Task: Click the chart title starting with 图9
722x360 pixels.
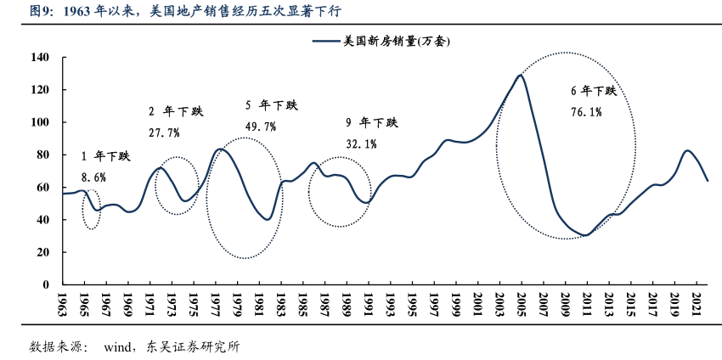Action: [x=178, y=12]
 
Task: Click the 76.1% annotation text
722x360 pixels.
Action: [x=586, y=111]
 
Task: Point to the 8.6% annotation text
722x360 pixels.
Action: [x=93, y=177]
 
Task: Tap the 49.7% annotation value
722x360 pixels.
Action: [x=261, y=127]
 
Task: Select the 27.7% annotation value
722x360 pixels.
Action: [x=164, y=132]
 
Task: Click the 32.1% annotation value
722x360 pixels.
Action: [x=361, y=143]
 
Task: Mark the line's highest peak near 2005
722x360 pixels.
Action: [x=520, y=76]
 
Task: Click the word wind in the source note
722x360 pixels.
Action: [x=117, y=346]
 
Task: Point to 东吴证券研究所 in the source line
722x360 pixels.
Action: [x=195, y=346]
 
